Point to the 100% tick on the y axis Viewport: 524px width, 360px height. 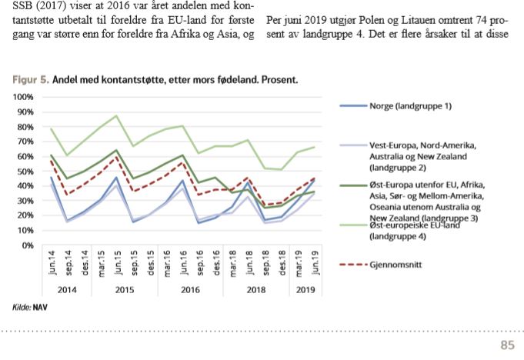(x=25, y=97)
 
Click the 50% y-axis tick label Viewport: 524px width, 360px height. (x=26, y=171)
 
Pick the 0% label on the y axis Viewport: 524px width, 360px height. (x=29, y=245)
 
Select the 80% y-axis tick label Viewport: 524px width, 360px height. (x=26, y=127)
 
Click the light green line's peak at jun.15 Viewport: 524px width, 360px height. (x=116, y=115)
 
